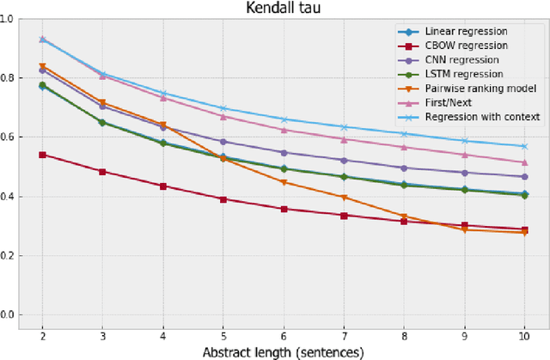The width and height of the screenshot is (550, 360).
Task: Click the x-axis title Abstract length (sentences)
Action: (x=283, y=351)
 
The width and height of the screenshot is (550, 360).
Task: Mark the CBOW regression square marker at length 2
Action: (x=43, y=156)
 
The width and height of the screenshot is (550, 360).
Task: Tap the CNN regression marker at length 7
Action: (x=344, y=161)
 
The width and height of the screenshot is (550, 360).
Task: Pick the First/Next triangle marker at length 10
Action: (x=523, y=162)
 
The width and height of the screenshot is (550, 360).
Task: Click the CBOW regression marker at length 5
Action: (x=223, y=199)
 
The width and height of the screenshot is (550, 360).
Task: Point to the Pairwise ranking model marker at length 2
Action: (x=43, y=66)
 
